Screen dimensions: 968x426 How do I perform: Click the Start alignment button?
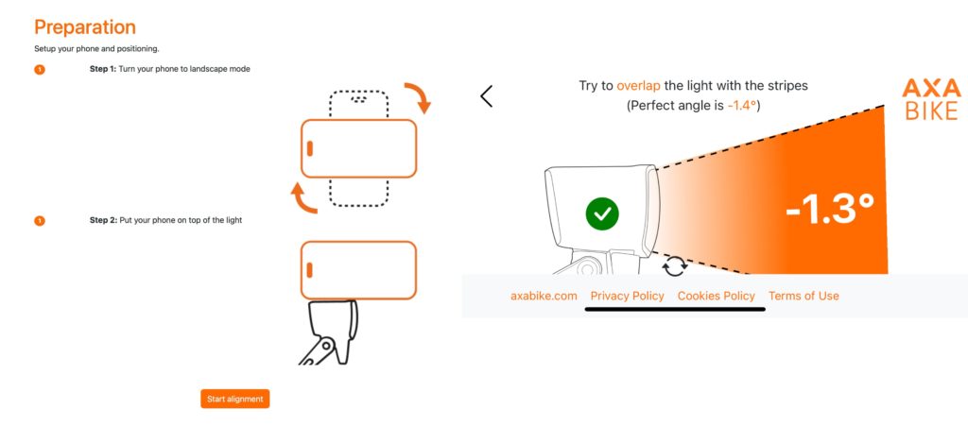235,399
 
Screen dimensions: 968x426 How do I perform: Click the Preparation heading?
84,27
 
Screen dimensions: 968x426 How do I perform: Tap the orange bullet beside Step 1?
40,70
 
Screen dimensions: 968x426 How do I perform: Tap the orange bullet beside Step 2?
40,221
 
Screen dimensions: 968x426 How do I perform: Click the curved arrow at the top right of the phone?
419,96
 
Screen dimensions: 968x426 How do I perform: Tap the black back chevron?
487,95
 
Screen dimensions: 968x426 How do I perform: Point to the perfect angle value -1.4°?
741,106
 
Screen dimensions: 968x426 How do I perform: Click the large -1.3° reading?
830,209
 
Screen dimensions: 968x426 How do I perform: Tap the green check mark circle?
602,213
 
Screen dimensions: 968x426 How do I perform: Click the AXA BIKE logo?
931,99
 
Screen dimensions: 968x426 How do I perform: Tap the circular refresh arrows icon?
675,266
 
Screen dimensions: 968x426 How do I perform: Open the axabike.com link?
544,296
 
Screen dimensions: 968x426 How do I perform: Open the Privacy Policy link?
628,296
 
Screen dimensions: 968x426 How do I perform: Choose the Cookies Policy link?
717,296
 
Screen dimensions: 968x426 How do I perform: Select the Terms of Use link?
804,296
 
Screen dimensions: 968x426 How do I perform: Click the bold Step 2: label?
103,220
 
